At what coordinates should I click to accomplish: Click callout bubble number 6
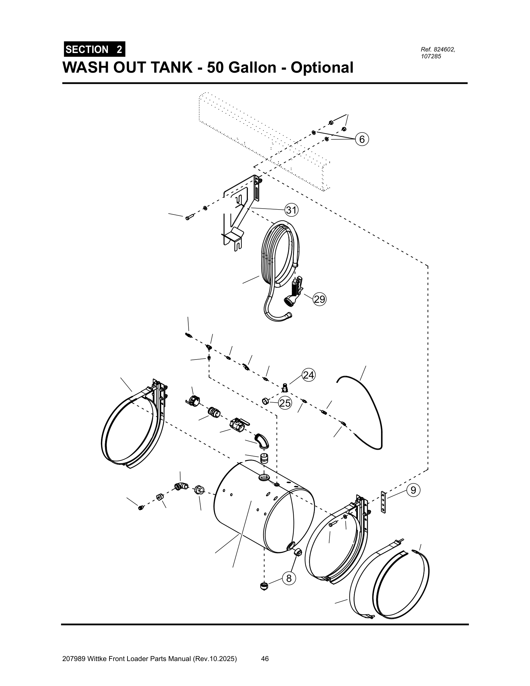point(362,139)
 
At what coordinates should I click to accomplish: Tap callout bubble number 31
point(291,210)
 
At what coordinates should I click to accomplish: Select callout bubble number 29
point(320,299)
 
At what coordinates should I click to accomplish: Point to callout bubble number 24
point(309,375)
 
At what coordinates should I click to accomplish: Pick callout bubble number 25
point(285,403)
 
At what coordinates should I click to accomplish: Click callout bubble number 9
point(413,490)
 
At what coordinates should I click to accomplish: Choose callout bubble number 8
point(289,578)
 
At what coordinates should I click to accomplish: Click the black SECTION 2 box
point(94,49)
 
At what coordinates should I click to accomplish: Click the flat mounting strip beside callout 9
point(383,502)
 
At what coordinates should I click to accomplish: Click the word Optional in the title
point(322,68)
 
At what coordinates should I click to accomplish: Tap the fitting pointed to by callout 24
point(285,388)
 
